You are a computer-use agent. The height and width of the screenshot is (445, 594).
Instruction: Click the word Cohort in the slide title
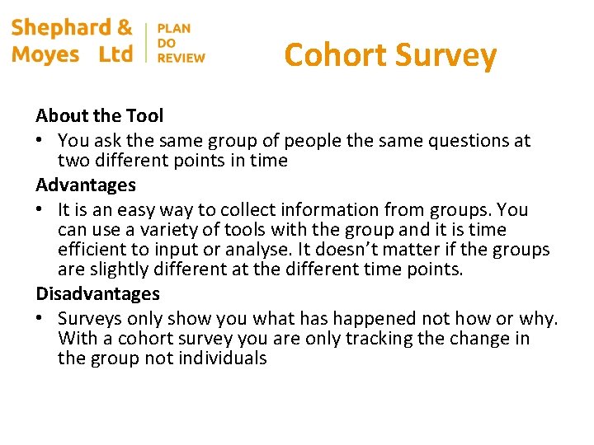335,55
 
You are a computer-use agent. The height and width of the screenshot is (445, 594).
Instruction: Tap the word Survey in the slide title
445,56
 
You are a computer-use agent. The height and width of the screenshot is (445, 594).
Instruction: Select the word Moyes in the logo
45,54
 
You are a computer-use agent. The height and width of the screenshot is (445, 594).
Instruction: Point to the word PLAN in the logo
173,28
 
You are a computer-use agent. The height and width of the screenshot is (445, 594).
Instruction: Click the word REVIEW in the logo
181,58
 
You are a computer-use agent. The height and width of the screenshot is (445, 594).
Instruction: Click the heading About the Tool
99,116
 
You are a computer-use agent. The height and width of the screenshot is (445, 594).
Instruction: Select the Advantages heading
86,185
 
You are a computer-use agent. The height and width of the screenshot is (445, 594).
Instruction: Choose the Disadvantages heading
97,293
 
